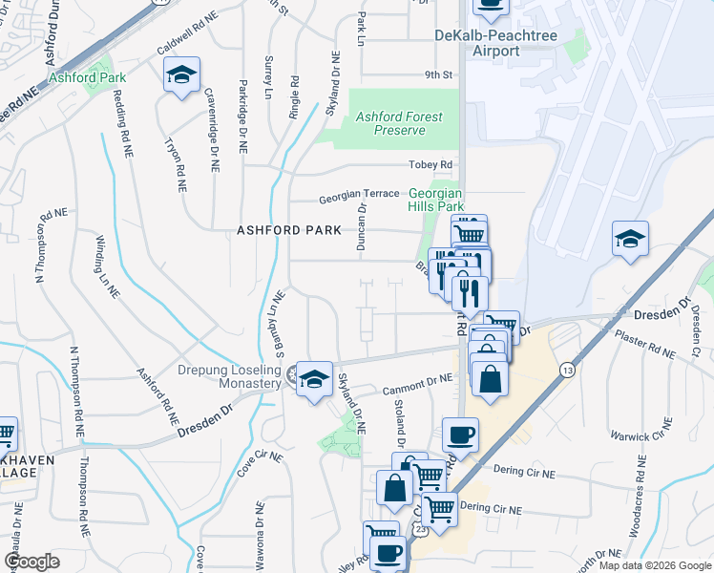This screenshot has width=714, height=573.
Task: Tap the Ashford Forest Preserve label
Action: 398,123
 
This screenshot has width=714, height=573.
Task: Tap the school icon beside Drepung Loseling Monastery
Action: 313,379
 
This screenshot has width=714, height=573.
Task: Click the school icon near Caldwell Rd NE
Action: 180,75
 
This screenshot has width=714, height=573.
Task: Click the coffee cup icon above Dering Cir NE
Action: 459,435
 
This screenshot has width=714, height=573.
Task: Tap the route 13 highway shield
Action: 568,370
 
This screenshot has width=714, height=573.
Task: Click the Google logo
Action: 31,561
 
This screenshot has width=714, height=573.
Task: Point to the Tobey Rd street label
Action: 430,165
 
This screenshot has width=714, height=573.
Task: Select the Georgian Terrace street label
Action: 359,193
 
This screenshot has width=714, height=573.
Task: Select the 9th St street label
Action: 437,74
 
